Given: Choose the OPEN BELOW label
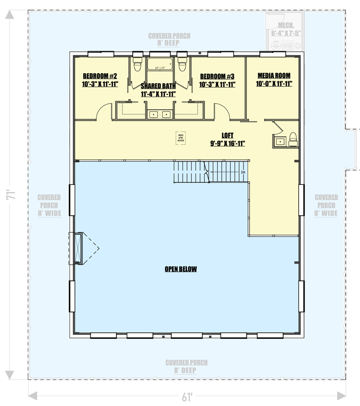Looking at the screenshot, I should (181, 269).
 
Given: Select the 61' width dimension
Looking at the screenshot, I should (186, 395).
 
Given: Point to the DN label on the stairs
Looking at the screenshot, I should (243, 173).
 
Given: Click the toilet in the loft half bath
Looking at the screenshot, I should (292, 138).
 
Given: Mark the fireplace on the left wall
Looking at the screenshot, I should (78, 248).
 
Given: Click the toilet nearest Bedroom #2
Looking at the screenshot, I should (137, 64).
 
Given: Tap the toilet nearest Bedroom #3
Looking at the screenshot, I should (182, 64).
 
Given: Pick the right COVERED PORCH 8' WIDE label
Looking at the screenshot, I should (325, 205).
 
